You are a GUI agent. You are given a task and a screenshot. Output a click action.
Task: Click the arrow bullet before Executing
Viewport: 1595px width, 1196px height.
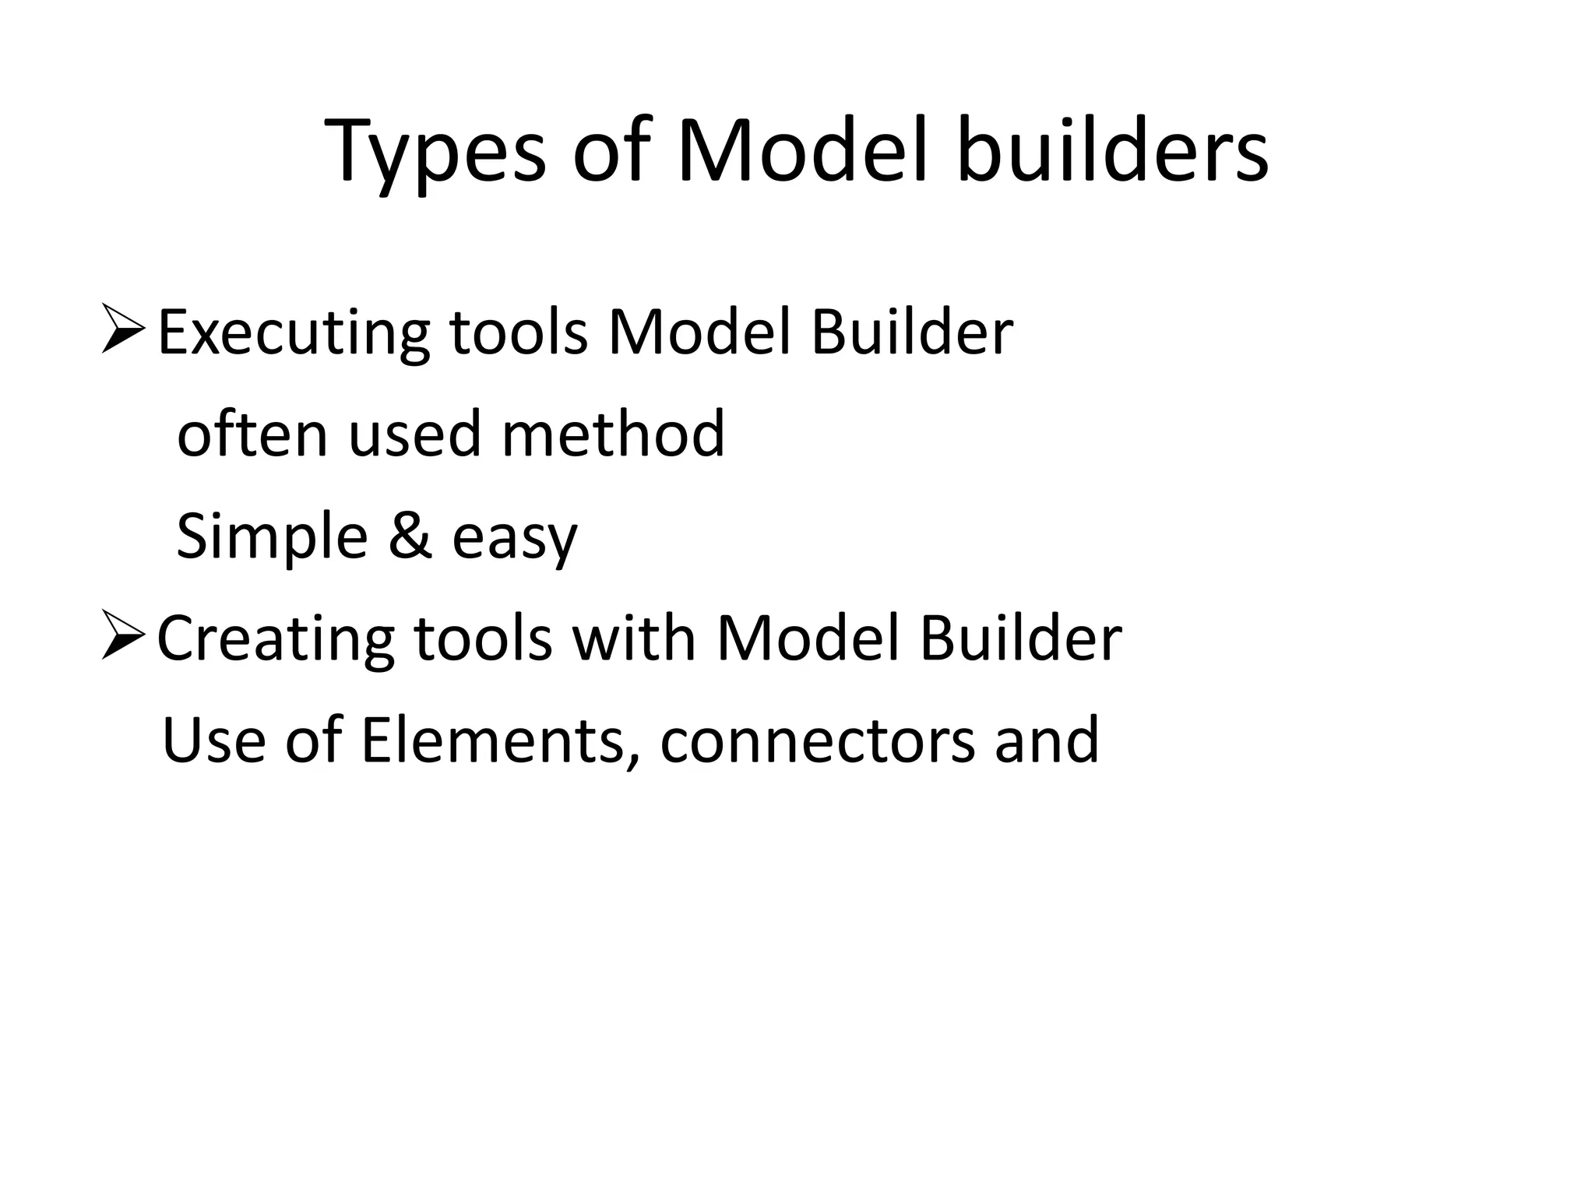click(x=122, y=331)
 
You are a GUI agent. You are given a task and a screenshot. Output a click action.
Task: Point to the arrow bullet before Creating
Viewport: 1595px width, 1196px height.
click(x=122, y=637)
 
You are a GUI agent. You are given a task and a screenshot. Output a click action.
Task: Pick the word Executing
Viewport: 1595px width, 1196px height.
click(x=293, y=333)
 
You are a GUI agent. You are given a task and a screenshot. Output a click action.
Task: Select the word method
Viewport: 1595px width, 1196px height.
click(x=613, y=434)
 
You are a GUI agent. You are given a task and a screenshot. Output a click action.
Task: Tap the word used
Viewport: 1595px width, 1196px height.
click(x=414, y=434)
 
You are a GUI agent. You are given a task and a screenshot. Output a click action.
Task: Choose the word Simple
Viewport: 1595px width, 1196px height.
click(x=272, y=537)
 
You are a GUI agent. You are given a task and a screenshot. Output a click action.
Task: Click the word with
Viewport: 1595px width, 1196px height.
click(x=633, y=638)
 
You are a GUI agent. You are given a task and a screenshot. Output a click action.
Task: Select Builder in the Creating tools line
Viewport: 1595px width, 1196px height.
click(x=1020, y=638)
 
